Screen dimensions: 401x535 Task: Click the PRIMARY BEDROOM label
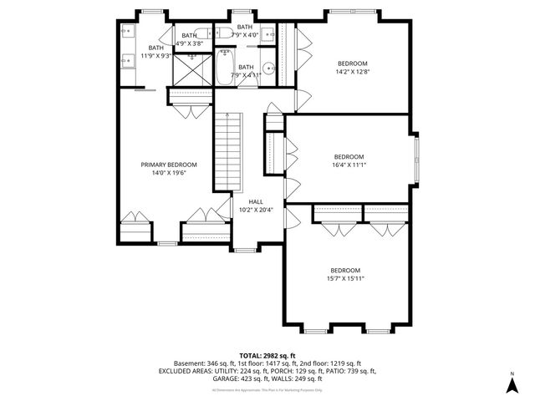tap(169, 165)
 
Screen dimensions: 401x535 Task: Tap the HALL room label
tap(256, 201)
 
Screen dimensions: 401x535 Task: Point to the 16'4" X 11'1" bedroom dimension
tap(349, 165)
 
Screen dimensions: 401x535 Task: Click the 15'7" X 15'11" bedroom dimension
tap(345, 279)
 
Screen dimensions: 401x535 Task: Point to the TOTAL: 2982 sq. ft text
tap(267, 356)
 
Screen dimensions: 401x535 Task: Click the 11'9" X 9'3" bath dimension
tap(156, 56)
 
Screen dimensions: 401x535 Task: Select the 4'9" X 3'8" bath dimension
tap(190, 43)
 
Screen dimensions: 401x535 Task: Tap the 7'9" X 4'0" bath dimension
tap(246, 35)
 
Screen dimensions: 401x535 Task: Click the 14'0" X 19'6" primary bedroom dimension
tap(169, 173)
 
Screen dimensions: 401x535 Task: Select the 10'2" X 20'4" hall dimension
tap(256, 210)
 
